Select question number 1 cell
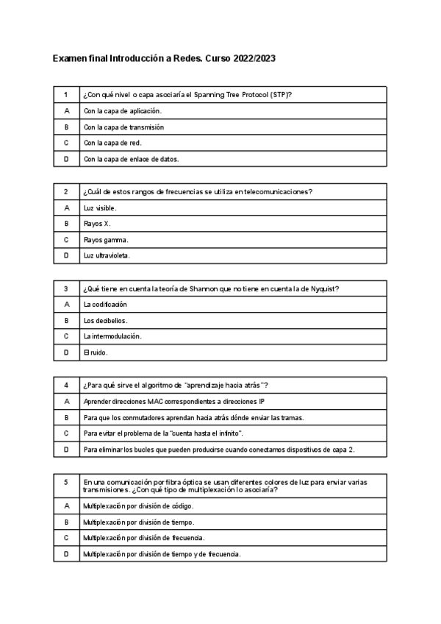[66, 95]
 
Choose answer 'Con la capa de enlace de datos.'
[132, 158]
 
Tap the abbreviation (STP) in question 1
[279, 95]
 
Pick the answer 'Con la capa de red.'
[112, 143]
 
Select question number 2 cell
[66, 192]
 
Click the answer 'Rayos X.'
[97, 224]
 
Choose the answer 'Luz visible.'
[100, 208]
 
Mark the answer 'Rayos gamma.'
[106, 240]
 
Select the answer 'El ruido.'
[96, 352]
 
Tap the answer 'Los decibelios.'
[105, 321]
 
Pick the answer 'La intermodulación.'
[112, 336]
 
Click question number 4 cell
[66, 386]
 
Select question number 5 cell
[66, 482]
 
